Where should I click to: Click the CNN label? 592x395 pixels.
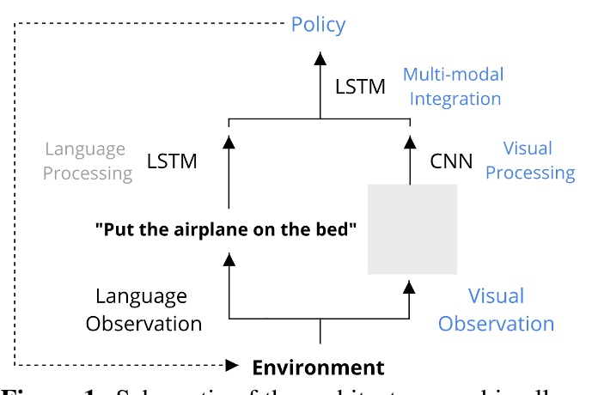tap(451, 161)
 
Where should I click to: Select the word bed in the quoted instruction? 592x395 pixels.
tap(333, 230)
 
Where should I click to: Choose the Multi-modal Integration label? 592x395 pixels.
tap(455, 86)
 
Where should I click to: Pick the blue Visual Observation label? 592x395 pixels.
tap(496, 310)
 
